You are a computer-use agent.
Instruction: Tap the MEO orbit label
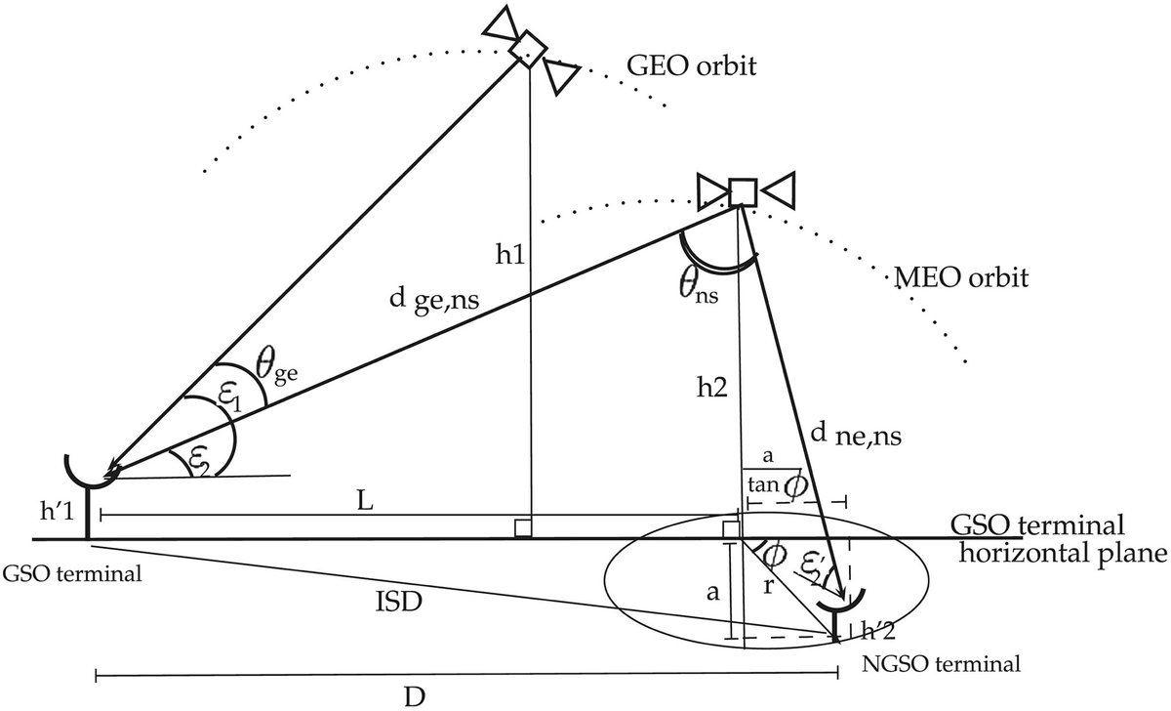pos(961,278)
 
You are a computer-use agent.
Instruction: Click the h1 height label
pos(508,254)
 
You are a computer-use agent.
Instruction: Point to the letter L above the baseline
pos(363,499)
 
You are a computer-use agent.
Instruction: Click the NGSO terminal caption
pos(943,665)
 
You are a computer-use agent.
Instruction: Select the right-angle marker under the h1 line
pos(522,529)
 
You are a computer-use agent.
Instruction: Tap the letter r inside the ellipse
pos(776,589)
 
